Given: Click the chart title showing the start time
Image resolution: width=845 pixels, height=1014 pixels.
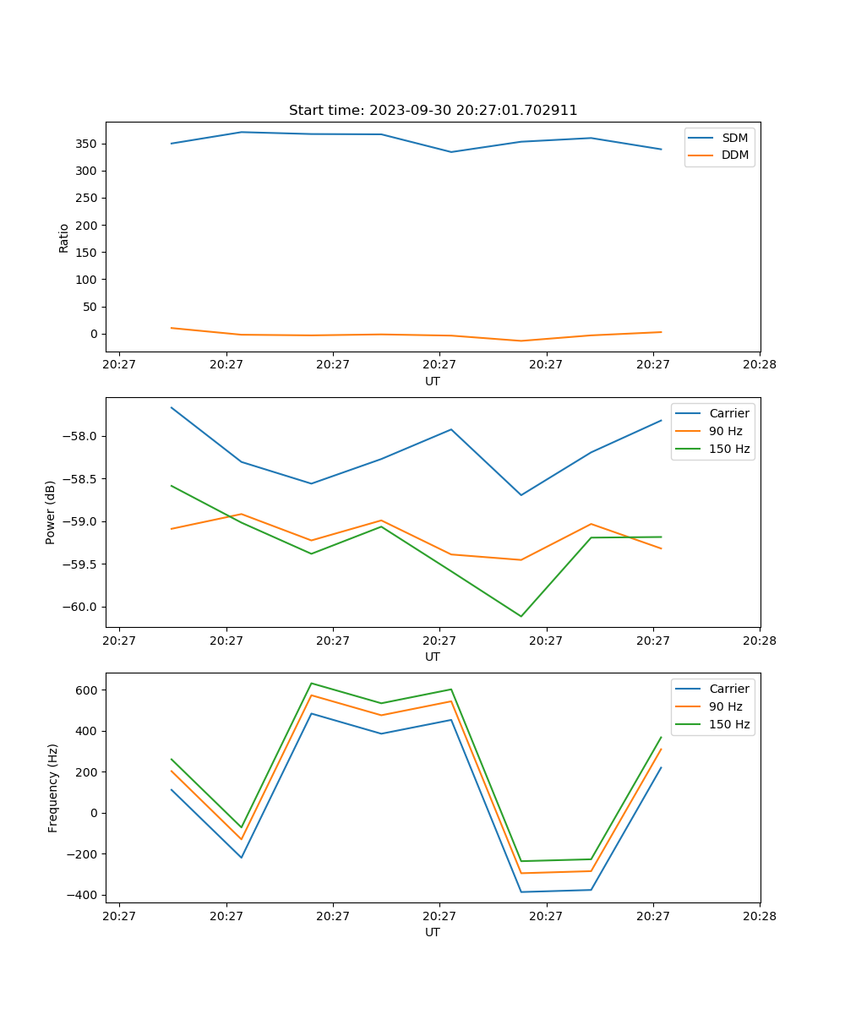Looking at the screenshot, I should point(433,111).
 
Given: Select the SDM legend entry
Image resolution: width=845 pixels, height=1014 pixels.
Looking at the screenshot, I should point(734,137).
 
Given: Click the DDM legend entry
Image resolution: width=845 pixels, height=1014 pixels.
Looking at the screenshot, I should point(734,155).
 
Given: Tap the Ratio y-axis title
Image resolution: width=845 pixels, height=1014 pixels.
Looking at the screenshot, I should point(64,237).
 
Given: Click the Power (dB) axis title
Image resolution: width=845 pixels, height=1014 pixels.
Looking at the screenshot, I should point(51,512).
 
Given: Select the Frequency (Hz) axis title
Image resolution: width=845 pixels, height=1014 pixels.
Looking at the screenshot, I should point(53,788).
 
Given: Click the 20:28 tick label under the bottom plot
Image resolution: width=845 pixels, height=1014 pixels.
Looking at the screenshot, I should point(759,916).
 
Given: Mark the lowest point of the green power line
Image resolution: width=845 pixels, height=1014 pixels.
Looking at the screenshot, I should point(521,616).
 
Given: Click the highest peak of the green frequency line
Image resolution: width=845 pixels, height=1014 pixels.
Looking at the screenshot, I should point(311,683).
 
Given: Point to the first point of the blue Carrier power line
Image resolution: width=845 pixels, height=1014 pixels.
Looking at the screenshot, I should point(172,407).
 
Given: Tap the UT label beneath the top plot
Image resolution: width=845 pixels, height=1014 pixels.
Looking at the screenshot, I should point(433,381).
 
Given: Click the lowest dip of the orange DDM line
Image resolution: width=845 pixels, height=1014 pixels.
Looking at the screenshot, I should point(521,341).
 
